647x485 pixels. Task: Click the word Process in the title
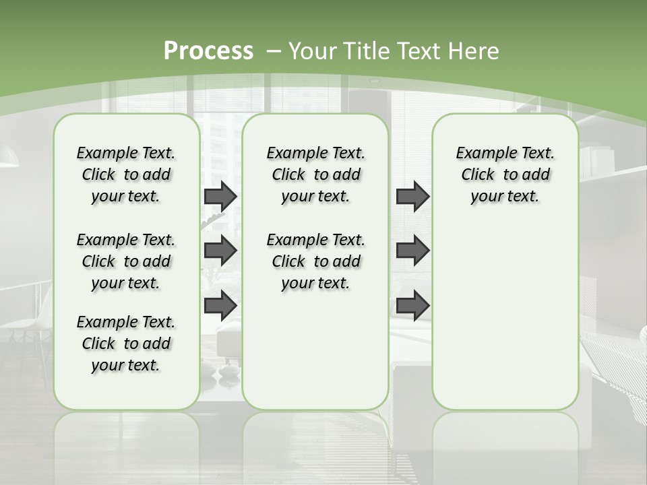tap(208, 51)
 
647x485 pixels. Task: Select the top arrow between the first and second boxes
tap(220, 196)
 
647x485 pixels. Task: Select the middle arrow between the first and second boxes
tap(220, 251)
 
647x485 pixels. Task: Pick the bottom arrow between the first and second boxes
tap(220, 305)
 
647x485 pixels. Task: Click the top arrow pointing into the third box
tap(412, 196)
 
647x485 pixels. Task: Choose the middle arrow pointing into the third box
tap(412, 251)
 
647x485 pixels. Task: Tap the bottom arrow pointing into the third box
tap(412, 305)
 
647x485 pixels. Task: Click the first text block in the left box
tap(126, 174)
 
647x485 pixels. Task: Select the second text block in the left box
tap(126, 261)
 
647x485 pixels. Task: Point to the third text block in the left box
tap(126, 344)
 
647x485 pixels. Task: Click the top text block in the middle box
tap(316, 174)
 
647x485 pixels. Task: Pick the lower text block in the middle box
tap(316, 261)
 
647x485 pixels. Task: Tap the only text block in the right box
tap(505, 174)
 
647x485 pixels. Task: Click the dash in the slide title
tap(273, 51)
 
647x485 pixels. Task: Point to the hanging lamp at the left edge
tap(8, 158)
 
